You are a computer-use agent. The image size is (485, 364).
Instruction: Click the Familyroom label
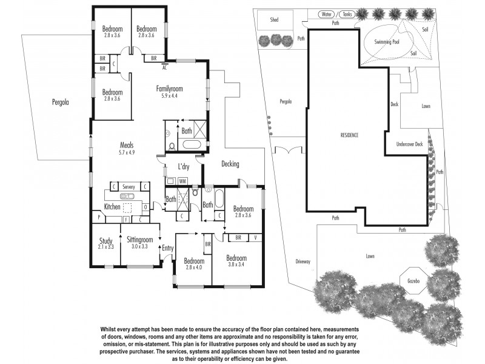pos(169,89)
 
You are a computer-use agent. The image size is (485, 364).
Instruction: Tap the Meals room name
pos(126,145)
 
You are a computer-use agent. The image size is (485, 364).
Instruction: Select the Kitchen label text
pos(112,207)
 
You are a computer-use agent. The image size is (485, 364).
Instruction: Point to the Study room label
pos(105,240)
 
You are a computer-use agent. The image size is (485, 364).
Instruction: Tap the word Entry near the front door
pos(167,248)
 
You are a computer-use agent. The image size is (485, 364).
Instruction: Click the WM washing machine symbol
pos(182,181)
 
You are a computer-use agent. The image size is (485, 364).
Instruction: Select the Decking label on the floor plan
pos(230,164)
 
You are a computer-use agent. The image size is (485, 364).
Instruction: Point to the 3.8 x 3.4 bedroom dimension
pos(237,264)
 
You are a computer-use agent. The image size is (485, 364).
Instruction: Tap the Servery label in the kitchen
pos(128,187)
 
